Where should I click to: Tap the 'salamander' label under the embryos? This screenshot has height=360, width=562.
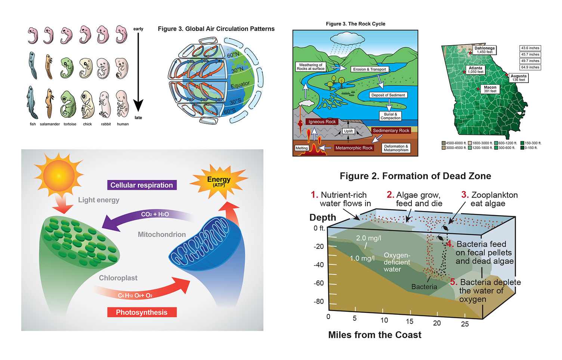pos(50,124)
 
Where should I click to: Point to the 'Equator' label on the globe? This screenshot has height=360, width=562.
pos(240,85)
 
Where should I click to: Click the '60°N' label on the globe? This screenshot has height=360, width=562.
pos(233,55)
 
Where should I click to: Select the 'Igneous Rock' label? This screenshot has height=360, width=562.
pos(322,122)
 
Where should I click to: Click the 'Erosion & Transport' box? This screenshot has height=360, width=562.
pos(369,69)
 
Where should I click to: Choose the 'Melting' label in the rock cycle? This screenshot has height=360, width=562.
pos(302,148)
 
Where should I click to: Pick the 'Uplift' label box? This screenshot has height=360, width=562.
pos(348,131)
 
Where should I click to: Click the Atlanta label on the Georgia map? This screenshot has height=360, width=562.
pos(475,70)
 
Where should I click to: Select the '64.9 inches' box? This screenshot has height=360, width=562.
pos(530,67)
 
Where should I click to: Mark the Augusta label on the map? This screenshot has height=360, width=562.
pos(518,78)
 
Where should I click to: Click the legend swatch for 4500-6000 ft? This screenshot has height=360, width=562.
pos(444,143)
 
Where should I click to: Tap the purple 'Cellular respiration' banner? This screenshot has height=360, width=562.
pos(142,185)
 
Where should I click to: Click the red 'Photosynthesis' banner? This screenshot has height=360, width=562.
pos(142,312)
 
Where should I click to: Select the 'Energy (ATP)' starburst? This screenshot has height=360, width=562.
pos(219,181)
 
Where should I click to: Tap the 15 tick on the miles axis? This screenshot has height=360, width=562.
pos(410,322)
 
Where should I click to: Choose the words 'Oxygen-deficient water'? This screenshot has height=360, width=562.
pos(396,262)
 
